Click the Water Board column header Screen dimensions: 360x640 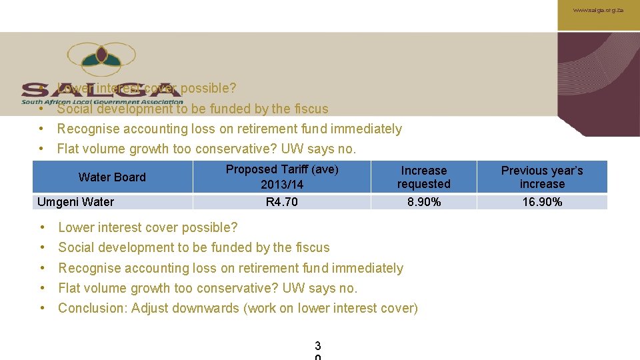coord(112,177)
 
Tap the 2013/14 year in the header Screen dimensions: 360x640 coord(282,185)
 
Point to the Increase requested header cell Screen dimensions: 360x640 coord(424,177)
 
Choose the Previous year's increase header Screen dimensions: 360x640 coord(542,177)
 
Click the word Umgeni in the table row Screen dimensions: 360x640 coord(57,202)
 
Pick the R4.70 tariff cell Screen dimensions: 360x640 coord(282,202)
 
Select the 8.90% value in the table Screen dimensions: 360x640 coord(424,202)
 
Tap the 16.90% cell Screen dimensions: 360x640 coord(542,202)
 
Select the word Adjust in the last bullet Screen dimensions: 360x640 coord(149,308)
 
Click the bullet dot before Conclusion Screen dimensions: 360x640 coord(43,308)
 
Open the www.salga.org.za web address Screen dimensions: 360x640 coord(598,11)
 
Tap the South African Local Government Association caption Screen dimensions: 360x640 coord(101,102)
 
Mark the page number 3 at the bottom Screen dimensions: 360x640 coord(317,345)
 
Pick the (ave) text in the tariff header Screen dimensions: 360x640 coord(325,169)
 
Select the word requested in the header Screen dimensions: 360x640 coord(424,184)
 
